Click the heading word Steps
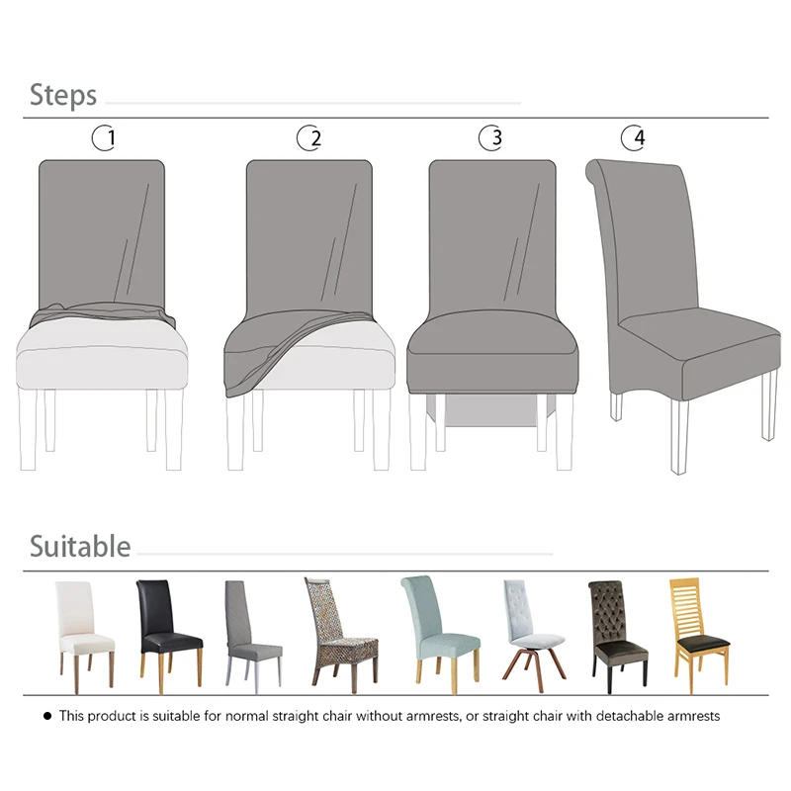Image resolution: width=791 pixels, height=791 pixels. (63, 95)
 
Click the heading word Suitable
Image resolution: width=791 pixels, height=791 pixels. (80, 546)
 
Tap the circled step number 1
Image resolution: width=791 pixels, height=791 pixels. (105, 137)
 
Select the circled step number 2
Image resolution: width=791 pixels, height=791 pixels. (309, 137)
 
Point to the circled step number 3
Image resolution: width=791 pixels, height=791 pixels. (490, 137)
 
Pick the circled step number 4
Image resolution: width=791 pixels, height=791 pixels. (633, 137)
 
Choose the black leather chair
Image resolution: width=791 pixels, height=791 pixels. (169, 636)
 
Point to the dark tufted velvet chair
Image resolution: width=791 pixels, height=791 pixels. (618, 637)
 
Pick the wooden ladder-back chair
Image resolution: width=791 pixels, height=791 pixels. (700, 636)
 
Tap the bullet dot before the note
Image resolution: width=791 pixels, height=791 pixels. (47, 716)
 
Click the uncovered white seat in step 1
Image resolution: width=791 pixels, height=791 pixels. (102, 355)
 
